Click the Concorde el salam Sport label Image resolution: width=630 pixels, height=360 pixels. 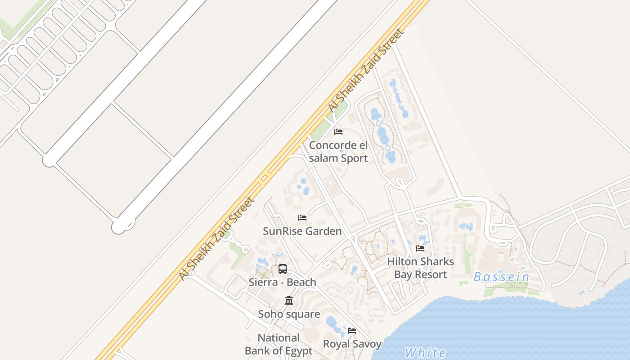pos(338,152)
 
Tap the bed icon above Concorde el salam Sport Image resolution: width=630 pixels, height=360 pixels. pos(338,132)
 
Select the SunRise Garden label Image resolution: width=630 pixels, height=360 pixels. pos(302,231)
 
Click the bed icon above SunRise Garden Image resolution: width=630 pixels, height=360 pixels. pos(302,218)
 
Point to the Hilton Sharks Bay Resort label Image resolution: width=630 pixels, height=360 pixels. pos(421,268)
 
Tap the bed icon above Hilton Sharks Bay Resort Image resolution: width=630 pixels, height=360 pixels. pos(420,248)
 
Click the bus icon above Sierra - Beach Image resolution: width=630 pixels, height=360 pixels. pos(283,269)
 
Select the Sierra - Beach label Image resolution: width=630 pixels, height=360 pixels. pos(283,282)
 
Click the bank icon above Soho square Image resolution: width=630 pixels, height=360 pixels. pos(289,300)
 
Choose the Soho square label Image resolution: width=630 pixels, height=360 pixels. pos(289,314)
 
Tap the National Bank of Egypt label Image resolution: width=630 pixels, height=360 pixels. pos(279,344)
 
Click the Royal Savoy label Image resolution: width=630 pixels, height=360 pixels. pos(352,344)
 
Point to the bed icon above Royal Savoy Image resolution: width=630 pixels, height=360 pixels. pos(352,331)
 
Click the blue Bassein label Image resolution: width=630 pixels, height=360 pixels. pos(502,277)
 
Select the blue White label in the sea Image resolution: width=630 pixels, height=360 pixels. pos(425,353)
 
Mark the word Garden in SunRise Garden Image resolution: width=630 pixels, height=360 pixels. pos(323,231)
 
